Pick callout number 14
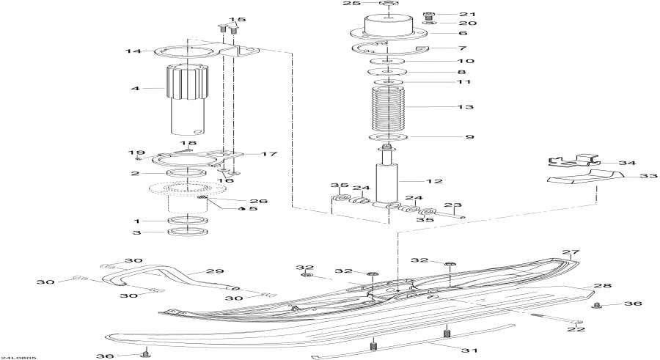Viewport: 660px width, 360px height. (x=132, y=51)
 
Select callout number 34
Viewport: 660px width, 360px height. (x=627, y=163)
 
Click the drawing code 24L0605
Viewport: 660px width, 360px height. (x=18, y=357)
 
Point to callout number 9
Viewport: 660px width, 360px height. (x=467, y=137)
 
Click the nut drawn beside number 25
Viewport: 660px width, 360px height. (x=389, y=6)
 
